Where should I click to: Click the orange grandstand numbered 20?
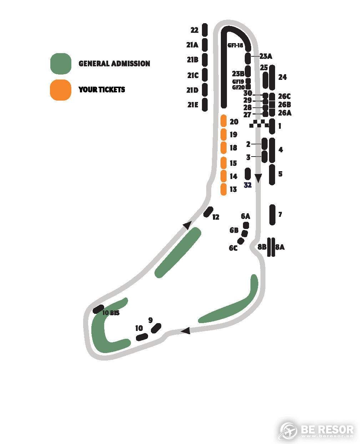[x=223, y=121]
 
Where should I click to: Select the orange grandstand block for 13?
[x=223, y=189]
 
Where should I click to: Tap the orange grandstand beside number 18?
[x=223, y=148]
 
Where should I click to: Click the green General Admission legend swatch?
[x=61, y=63]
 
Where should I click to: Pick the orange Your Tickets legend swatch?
[x=61, y=90]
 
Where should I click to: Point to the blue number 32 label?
[x=248, y=185]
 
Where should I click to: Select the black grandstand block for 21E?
[x=205, y=104]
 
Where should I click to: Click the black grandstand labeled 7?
[x=272, y=215]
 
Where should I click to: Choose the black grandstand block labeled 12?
[x=208, y=212]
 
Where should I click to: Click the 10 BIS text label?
[x=111, y=313]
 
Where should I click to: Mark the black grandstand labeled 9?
[x=156, y=328]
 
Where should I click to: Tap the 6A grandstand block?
[x=246, y=225]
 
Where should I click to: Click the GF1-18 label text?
[x=235, y=45]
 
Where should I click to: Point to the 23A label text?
[x=266, y=56]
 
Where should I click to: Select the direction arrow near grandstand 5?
[x=258, y=178]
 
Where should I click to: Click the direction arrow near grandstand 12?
[x=188, y=225]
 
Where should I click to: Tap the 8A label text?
[x=280, y=247]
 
